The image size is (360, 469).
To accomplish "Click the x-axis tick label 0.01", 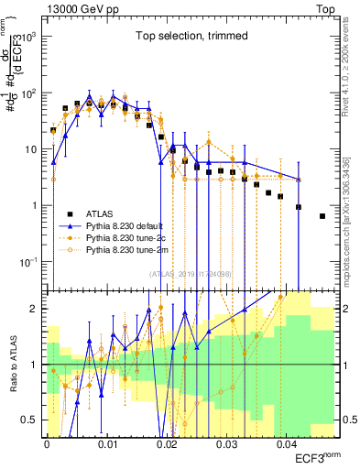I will (106, 445).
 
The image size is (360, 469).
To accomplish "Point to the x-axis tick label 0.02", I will (167, 445).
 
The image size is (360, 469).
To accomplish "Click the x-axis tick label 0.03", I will (226, 445).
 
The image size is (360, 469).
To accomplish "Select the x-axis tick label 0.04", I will (287, 445).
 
